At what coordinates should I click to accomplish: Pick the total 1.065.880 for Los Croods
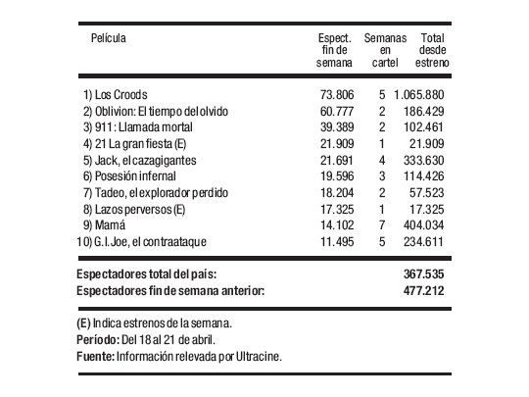422,95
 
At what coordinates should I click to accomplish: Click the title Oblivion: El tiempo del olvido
163,112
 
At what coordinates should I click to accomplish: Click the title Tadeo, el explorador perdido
160,192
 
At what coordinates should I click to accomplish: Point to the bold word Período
95,339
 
